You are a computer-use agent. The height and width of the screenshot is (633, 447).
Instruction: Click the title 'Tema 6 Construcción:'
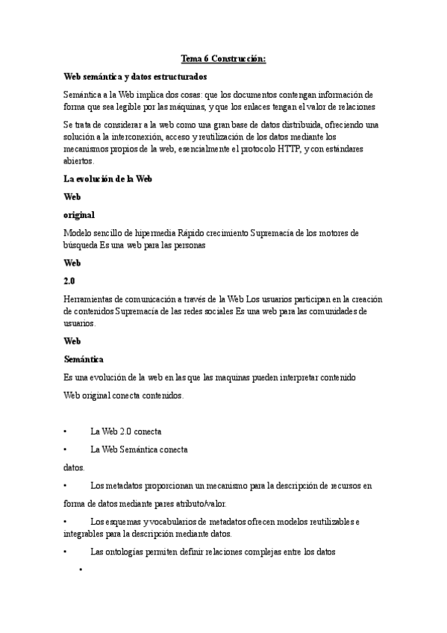223,59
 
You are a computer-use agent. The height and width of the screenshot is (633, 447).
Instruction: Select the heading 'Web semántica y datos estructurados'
135,77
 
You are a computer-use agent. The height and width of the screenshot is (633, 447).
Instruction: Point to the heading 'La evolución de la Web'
108,179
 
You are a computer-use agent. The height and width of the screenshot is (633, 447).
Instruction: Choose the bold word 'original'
79,215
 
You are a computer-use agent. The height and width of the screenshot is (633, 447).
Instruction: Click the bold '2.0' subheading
70,281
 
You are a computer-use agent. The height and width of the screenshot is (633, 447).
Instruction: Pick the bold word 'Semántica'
84,359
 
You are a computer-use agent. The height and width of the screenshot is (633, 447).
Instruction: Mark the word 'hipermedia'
139,233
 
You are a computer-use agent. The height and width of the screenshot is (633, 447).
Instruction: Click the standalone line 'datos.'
74,468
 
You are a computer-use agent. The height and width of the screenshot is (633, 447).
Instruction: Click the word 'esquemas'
122,522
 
